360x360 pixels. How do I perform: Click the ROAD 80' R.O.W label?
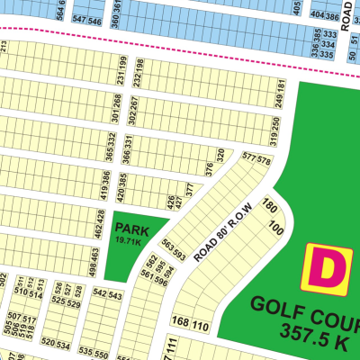click(226, 229)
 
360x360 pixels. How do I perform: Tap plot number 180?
click(268, 206)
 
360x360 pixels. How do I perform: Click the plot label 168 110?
click(189, 323)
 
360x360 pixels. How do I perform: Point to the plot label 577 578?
click(256, 159)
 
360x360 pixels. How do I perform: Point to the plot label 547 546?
click(88, 19)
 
